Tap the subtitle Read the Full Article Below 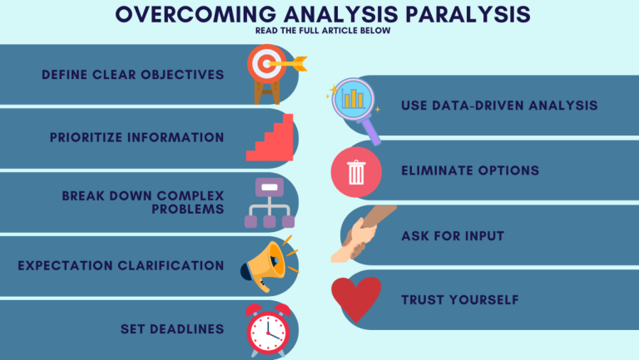[319, 32]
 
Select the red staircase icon [270, 137]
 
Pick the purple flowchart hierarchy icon [268, 202]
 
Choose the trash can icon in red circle [356, 172]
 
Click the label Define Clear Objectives [133, 75]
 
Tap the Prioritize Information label [137, 137]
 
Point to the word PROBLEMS [188, 209]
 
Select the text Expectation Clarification [121, 266]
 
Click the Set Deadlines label [172, 328]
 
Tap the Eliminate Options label [470, 170]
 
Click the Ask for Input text [453, 236]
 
